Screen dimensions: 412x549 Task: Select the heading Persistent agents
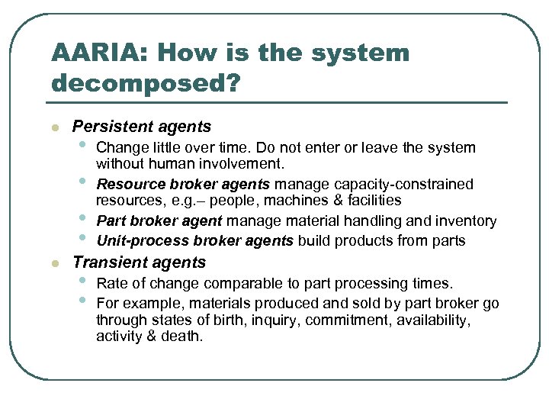(x=142, y=127)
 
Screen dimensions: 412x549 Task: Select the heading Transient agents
(x=139, y=262)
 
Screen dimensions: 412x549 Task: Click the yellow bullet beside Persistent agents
(x=55, y=127)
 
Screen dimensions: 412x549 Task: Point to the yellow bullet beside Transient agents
(x=55, y=263)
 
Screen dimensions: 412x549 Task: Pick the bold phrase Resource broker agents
(x=183, y=184)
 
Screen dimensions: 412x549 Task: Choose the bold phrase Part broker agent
(x=159, y=221)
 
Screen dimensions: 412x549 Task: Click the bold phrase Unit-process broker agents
(x=194, y=241)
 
